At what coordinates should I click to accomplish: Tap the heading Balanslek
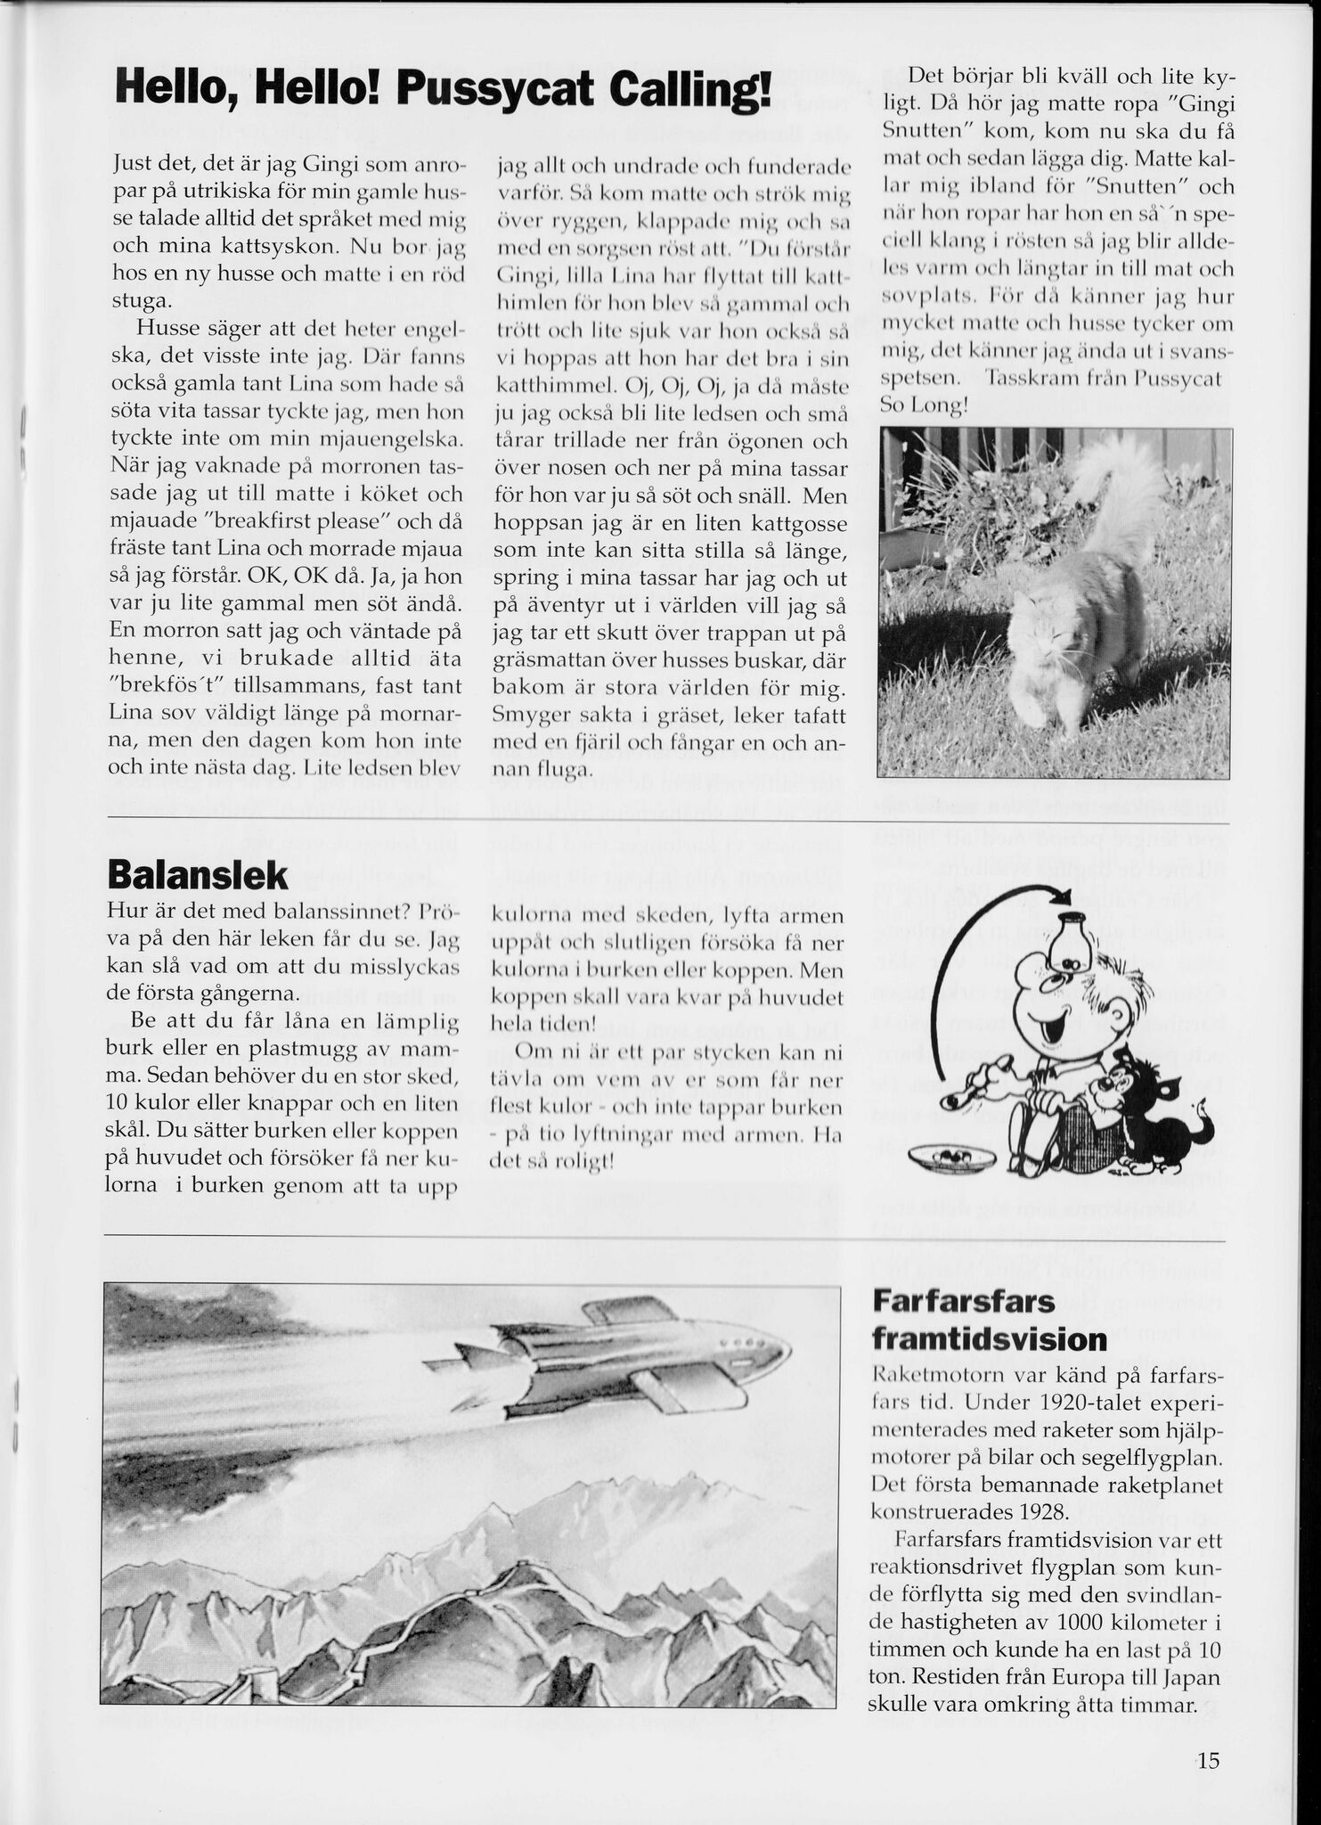click(x=197, y=876)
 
